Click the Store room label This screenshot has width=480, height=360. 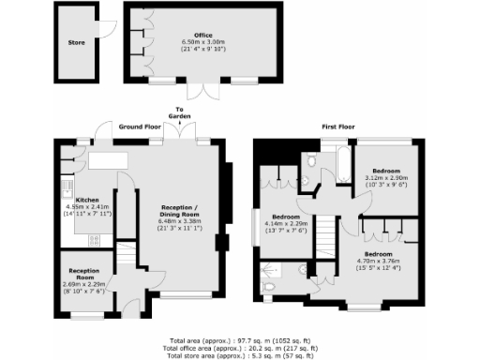[x=76, y=42]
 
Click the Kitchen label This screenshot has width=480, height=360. [x=88, y=200]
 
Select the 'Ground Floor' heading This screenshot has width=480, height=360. [x=140, y=126]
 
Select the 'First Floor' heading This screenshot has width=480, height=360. [x=339, y=126]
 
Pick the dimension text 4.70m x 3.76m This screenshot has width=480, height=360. [x=378, y=262]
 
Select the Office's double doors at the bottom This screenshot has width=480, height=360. [x=198, y=90]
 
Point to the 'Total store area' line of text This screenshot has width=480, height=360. [x=239, y=355]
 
